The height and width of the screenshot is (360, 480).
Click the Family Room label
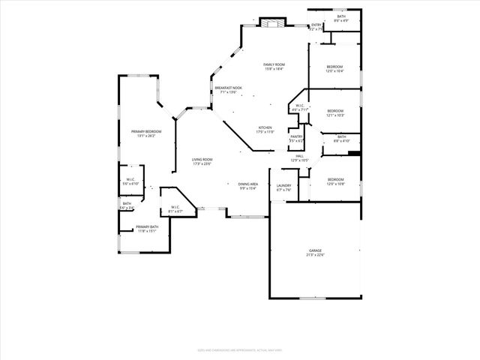pyautogui.click(x=274, y=66)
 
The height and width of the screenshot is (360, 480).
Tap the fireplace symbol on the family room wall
pyautogui.click(x=273, y=24)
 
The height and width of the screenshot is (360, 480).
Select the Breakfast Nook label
pyautogui.click(x=228, y=89)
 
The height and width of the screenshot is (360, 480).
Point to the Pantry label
pyautogui.click(x=296, y=138)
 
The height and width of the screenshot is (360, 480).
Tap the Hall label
pyautogui.click(x=299, y=157)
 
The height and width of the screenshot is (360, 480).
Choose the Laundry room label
pyautogui.click(x=283, y=187)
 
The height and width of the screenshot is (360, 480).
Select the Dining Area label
pyautogui.click(x=248, y=185)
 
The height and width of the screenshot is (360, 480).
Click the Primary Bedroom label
pyautogui.click(x=142, y=133)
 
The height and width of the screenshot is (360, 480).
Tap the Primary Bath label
pyautogui.click(x=147, y=229)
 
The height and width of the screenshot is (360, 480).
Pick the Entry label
pyautogui.click(x=316, y=27)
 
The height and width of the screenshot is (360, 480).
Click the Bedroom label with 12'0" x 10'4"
pyautogui.click(x=334, y=69)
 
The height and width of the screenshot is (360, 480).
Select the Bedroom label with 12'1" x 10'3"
pyautogui.click(x=334, y=113)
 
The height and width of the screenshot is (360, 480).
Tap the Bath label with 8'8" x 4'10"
pyautogui.click(x=341, y=138)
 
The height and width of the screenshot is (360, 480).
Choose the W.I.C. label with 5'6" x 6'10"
pyautogui.click(x=130, y=181)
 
